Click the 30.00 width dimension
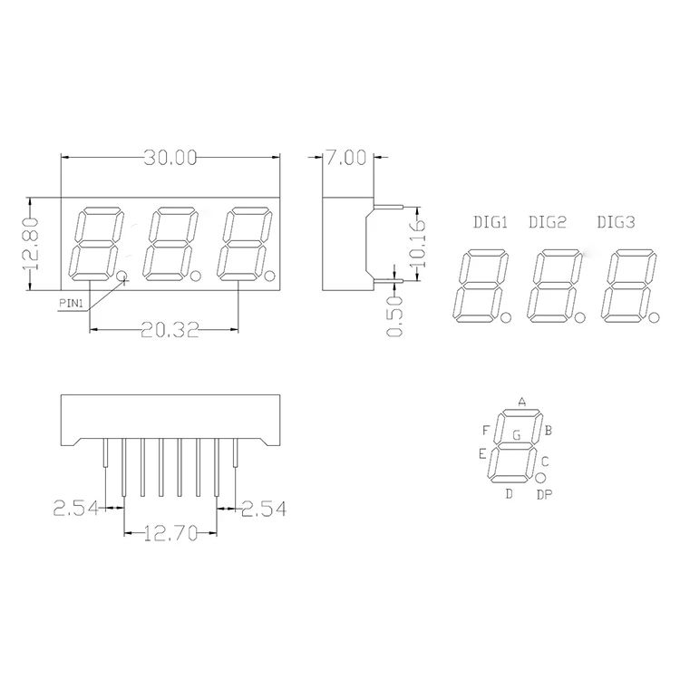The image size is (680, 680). point(170,158)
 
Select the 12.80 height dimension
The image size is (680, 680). point(32,244)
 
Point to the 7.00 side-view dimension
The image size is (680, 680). point(345,158)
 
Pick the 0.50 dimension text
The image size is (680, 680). point(393,316)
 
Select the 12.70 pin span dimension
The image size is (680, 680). point(170,535)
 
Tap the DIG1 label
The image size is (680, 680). point(491,222)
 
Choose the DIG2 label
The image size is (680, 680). point(547,222)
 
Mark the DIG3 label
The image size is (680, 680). point(617,222)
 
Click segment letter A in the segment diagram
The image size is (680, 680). point(521,401)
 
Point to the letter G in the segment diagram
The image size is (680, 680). point(516,435)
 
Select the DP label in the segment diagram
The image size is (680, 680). point(543,494)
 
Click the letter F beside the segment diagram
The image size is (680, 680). point(486,429)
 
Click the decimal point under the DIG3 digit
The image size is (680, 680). point(653,316)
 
